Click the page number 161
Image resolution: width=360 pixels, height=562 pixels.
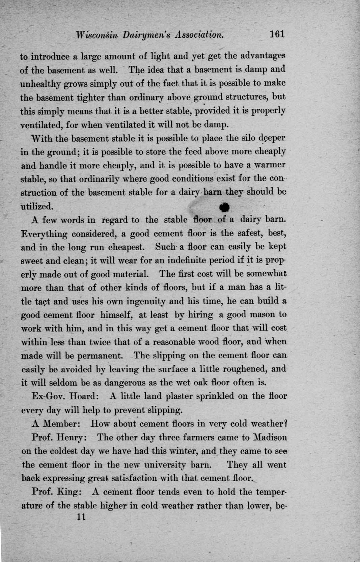pos(277,34)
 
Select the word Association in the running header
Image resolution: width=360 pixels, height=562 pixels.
pos(199,35)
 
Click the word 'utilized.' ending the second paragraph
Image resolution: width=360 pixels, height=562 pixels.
pos(37,206)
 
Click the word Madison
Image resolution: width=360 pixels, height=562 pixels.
pos(270,438)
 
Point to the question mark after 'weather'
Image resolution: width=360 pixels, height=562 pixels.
pos(285,424)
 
